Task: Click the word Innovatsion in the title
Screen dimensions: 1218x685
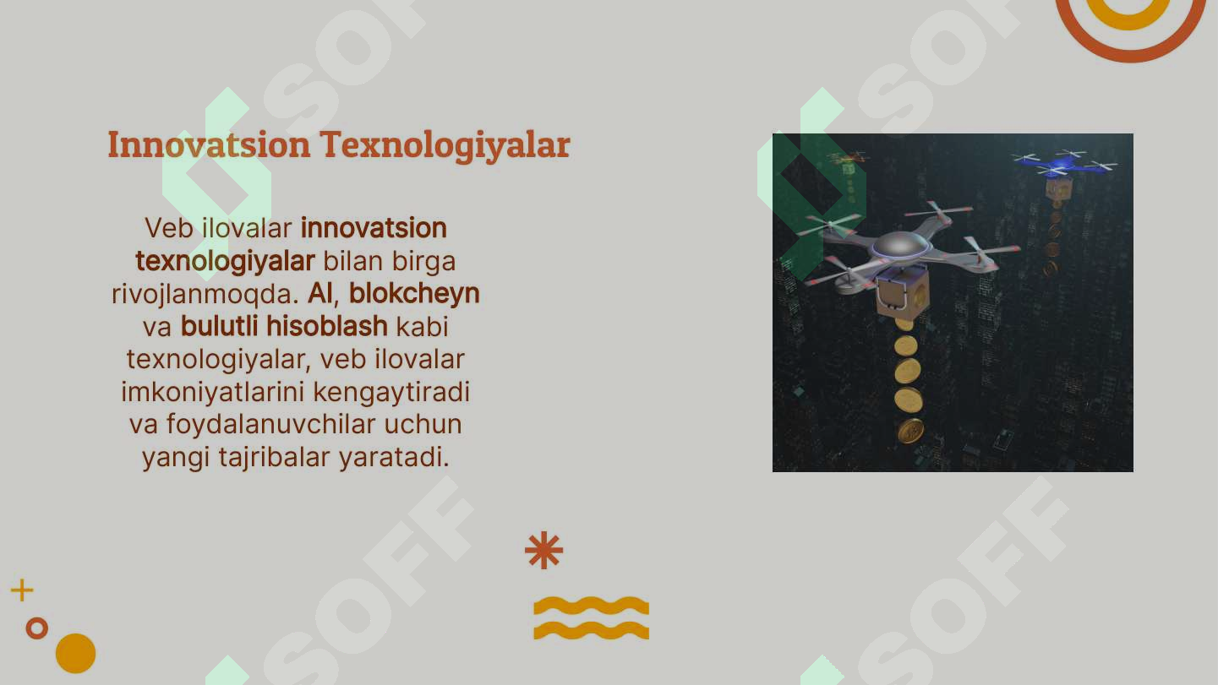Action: coord(209,144)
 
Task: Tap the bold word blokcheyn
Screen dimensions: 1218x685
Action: coord(414,293)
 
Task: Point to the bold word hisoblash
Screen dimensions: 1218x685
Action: coord(327,326)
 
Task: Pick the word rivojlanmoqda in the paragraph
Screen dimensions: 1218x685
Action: coord(205,294)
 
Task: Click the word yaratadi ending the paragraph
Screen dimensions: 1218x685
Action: coord(394,458)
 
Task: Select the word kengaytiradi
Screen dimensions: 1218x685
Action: coord(391,392)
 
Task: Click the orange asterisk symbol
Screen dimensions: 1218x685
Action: coord(543,551)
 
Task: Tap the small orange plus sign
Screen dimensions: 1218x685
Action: coord(22,590)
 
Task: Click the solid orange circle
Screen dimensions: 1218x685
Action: coord(75,653)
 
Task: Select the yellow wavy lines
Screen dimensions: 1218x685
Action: coord(591,617)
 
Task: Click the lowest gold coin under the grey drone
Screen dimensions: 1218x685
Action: coord(910,431)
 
